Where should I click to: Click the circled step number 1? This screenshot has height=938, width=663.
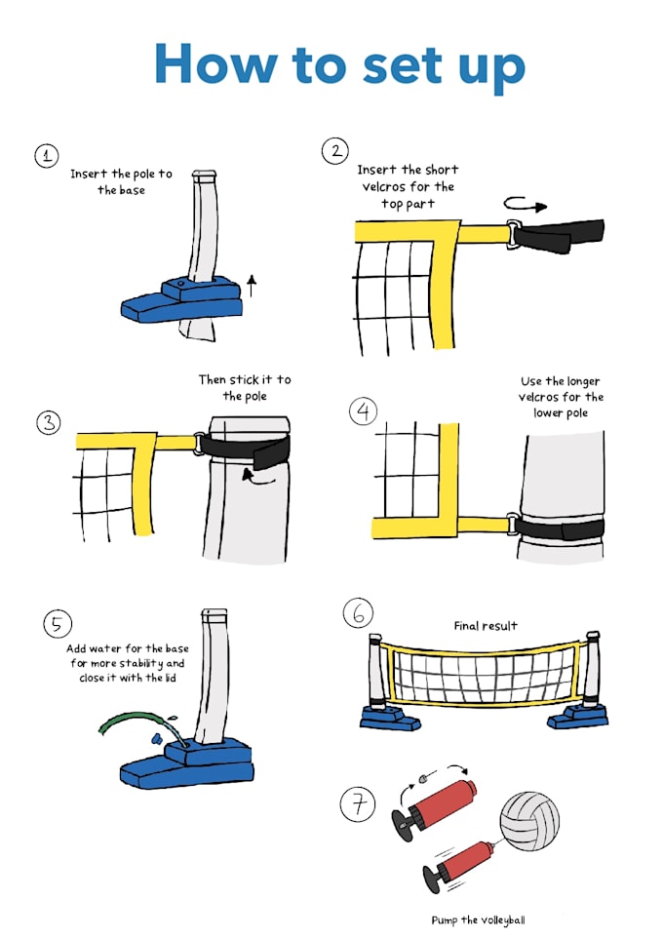46,155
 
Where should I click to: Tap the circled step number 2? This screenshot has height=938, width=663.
334,150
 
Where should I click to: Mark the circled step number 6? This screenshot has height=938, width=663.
358,613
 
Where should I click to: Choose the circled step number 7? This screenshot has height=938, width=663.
358,804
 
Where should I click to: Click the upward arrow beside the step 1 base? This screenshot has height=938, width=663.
252,285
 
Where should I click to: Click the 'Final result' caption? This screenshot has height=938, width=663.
486,626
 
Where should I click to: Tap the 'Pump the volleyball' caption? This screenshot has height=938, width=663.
484,918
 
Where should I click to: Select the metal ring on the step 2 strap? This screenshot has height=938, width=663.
511,232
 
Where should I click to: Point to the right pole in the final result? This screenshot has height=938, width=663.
591,672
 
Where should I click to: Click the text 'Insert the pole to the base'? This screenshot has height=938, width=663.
121,181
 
